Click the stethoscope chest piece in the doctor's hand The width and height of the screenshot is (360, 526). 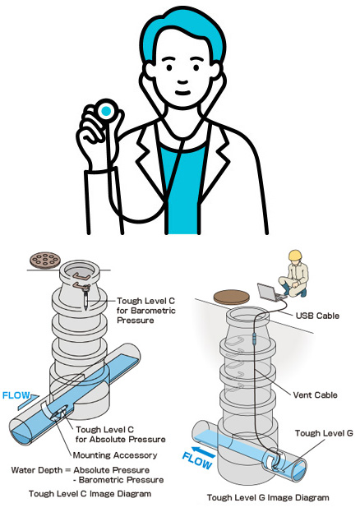[106, 111]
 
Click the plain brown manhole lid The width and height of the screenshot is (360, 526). [232, 297]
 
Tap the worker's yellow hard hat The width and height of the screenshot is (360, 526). [295, 255]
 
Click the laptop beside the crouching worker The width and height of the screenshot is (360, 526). [269, 292]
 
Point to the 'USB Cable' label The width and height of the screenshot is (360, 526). [317, 316]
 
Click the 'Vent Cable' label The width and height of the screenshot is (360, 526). [315, 394]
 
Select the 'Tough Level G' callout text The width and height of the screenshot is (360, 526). [324, 433]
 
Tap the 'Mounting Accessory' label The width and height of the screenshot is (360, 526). [115, 455]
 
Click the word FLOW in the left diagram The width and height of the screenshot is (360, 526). [16, 395]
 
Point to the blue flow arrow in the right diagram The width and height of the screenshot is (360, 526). [204, 452]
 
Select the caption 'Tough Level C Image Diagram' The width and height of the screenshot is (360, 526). [90, 494]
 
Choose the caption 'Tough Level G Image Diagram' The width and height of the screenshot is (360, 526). [268, 497]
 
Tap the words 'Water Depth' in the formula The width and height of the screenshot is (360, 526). [37, 470]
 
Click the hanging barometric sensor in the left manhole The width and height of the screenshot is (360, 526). [86, 299]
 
